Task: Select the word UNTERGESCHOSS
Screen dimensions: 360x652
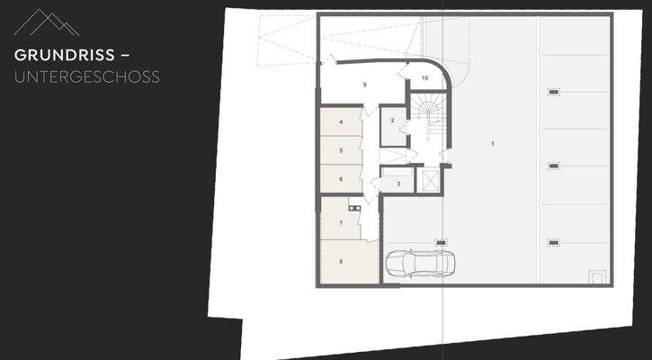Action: point(87,77)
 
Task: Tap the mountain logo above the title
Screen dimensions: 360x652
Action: point(47,22)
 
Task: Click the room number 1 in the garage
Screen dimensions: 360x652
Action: point(493,143)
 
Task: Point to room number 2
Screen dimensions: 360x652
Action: point(393,121)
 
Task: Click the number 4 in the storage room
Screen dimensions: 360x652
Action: point(341,121)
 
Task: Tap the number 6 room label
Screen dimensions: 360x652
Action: point(341,179)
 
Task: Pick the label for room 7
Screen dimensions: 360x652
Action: point(341,221)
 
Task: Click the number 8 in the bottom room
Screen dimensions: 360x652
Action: point(341,262)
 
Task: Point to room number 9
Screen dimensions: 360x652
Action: point(364,84)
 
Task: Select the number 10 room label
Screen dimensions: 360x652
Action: point(424,78)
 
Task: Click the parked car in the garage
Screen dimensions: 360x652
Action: point(420,263)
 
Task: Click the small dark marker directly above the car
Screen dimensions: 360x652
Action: point(441,241)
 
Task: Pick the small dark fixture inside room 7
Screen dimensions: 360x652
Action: point(355,209)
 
